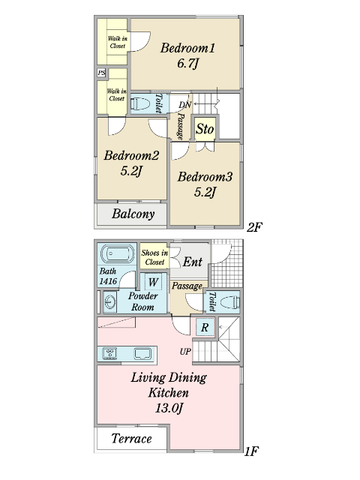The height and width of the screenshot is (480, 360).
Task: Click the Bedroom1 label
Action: tap(187, 48)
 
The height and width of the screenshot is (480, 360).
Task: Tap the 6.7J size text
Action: tap(188, 64)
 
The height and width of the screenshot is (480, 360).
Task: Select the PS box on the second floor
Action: tap(102, 73)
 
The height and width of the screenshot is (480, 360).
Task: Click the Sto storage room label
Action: tap(205, 129)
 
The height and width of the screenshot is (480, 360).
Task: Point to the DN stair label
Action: tap(185, 105)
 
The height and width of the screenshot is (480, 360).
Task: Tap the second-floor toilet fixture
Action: tap(140, 103)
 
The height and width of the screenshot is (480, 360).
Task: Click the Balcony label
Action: tap(133, 214)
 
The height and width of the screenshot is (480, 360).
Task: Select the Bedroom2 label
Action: tap(131, 155)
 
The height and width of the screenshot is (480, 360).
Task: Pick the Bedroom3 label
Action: tap(205, 177)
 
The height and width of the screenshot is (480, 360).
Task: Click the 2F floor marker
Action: tap(255, 227)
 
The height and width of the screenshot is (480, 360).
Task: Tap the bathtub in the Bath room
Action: tap(118, 253)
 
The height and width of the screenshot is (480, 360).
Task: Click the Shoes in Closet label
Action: tap(154, 257)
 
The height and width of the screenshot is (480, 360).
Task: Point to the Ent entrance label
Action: tap(193, 262)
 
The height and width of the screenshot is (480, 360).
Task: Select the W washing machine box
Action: tap(153, 282)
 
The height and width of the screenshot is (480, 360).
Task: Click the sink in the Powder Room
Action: tap(110, 302)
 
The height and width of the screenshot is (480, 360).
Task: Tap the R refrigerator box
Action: tap(205, 327)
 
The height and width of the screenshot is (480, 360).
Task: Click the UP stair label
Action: tap(185, 352)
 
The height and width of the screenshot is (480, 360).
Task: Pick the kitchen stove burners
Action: tap(109, 353)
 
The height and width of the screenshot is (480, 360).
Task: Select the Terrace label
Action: tap(132, 439)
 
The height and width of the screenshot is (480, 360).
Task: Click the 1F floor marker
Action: tap(252, 451)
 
